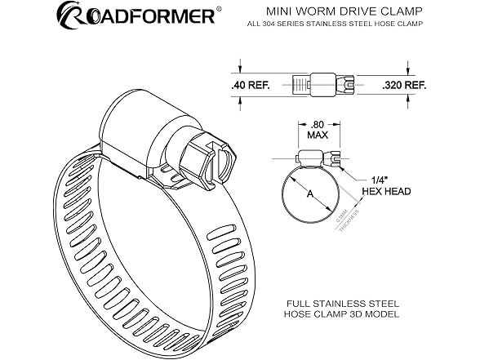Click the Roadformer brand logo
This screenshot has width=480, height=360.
click(x=135, y=16)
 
